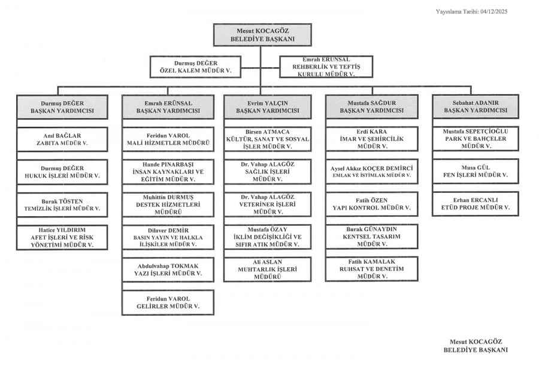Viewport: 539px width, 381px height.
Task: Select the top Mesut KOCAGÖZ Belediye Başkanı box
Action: [262, 35]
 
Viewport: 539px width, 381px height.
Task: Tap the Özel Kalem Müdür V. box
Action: [195, 66]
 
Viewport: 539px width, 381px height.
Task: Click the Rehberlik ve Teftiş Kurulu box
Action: [326, 66]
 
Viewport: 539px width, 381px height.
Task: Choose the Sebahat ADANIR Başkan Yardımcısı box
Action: [476, 107]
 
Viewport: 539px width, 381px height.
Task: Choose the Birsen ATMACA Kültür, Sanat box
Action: [268, 139]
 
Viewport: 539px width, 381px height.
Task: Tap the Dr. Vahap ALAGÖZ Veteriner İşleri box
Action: [268, 204]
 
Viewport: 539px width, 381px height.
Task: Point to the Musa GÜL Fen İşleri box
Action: [476, 171]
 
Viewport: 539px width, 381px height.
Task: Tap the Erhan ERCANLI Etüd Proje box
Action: [476, 204]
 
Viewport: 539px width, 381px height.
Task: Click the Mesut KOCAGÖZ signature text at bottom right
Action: [476, 345]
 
